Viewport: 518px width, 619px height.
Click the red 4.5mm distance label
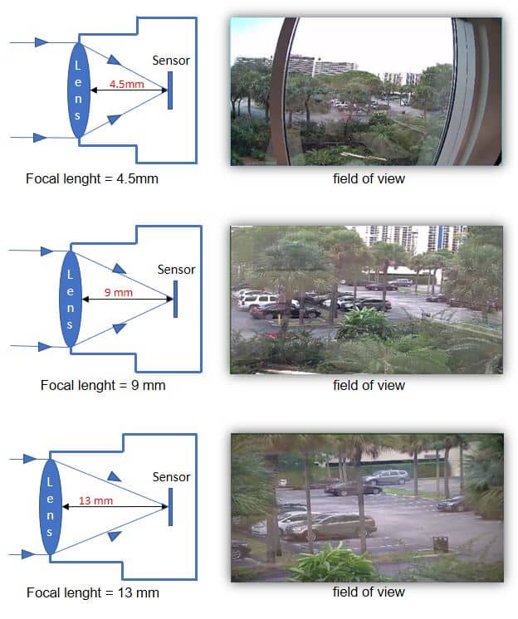tap(121, 85)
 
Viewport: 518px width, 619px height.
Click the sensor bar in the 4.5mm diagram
tap(170, 90)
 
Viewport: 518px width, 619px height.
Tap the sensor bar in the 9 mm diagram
tap(175, 299)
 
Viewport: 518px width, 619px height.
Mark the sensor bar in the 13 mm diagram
tap(170, 506)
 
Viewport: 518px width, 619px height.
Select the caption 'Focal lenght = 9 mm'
tap(108, 386)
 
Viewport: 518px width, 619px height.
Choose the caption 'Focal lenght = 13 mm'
tap(93, 593)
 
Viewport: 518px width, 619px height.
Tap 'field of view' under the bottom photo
tap(369, 592)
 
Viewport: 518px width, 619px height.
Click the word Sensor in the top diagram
tap(171, 60)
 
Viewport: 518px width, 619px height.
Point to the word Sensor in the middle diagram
tap(176, 269)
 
